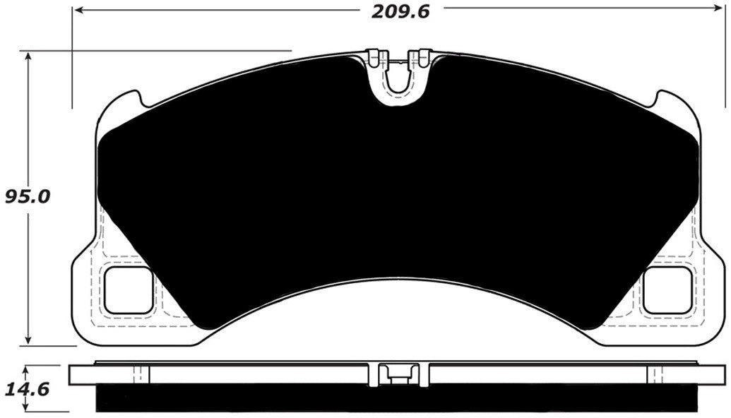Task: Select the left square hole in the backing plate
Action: pyautogui.click(x=128, y=290)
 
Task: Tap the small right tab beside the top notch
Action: pyautogui.click(x=424, y=57)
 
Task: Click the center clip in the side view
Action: pyautogui.click(x=399, y=374)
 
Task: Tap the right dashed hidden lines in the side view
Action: pyautogui.click(x=657, y=374)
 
